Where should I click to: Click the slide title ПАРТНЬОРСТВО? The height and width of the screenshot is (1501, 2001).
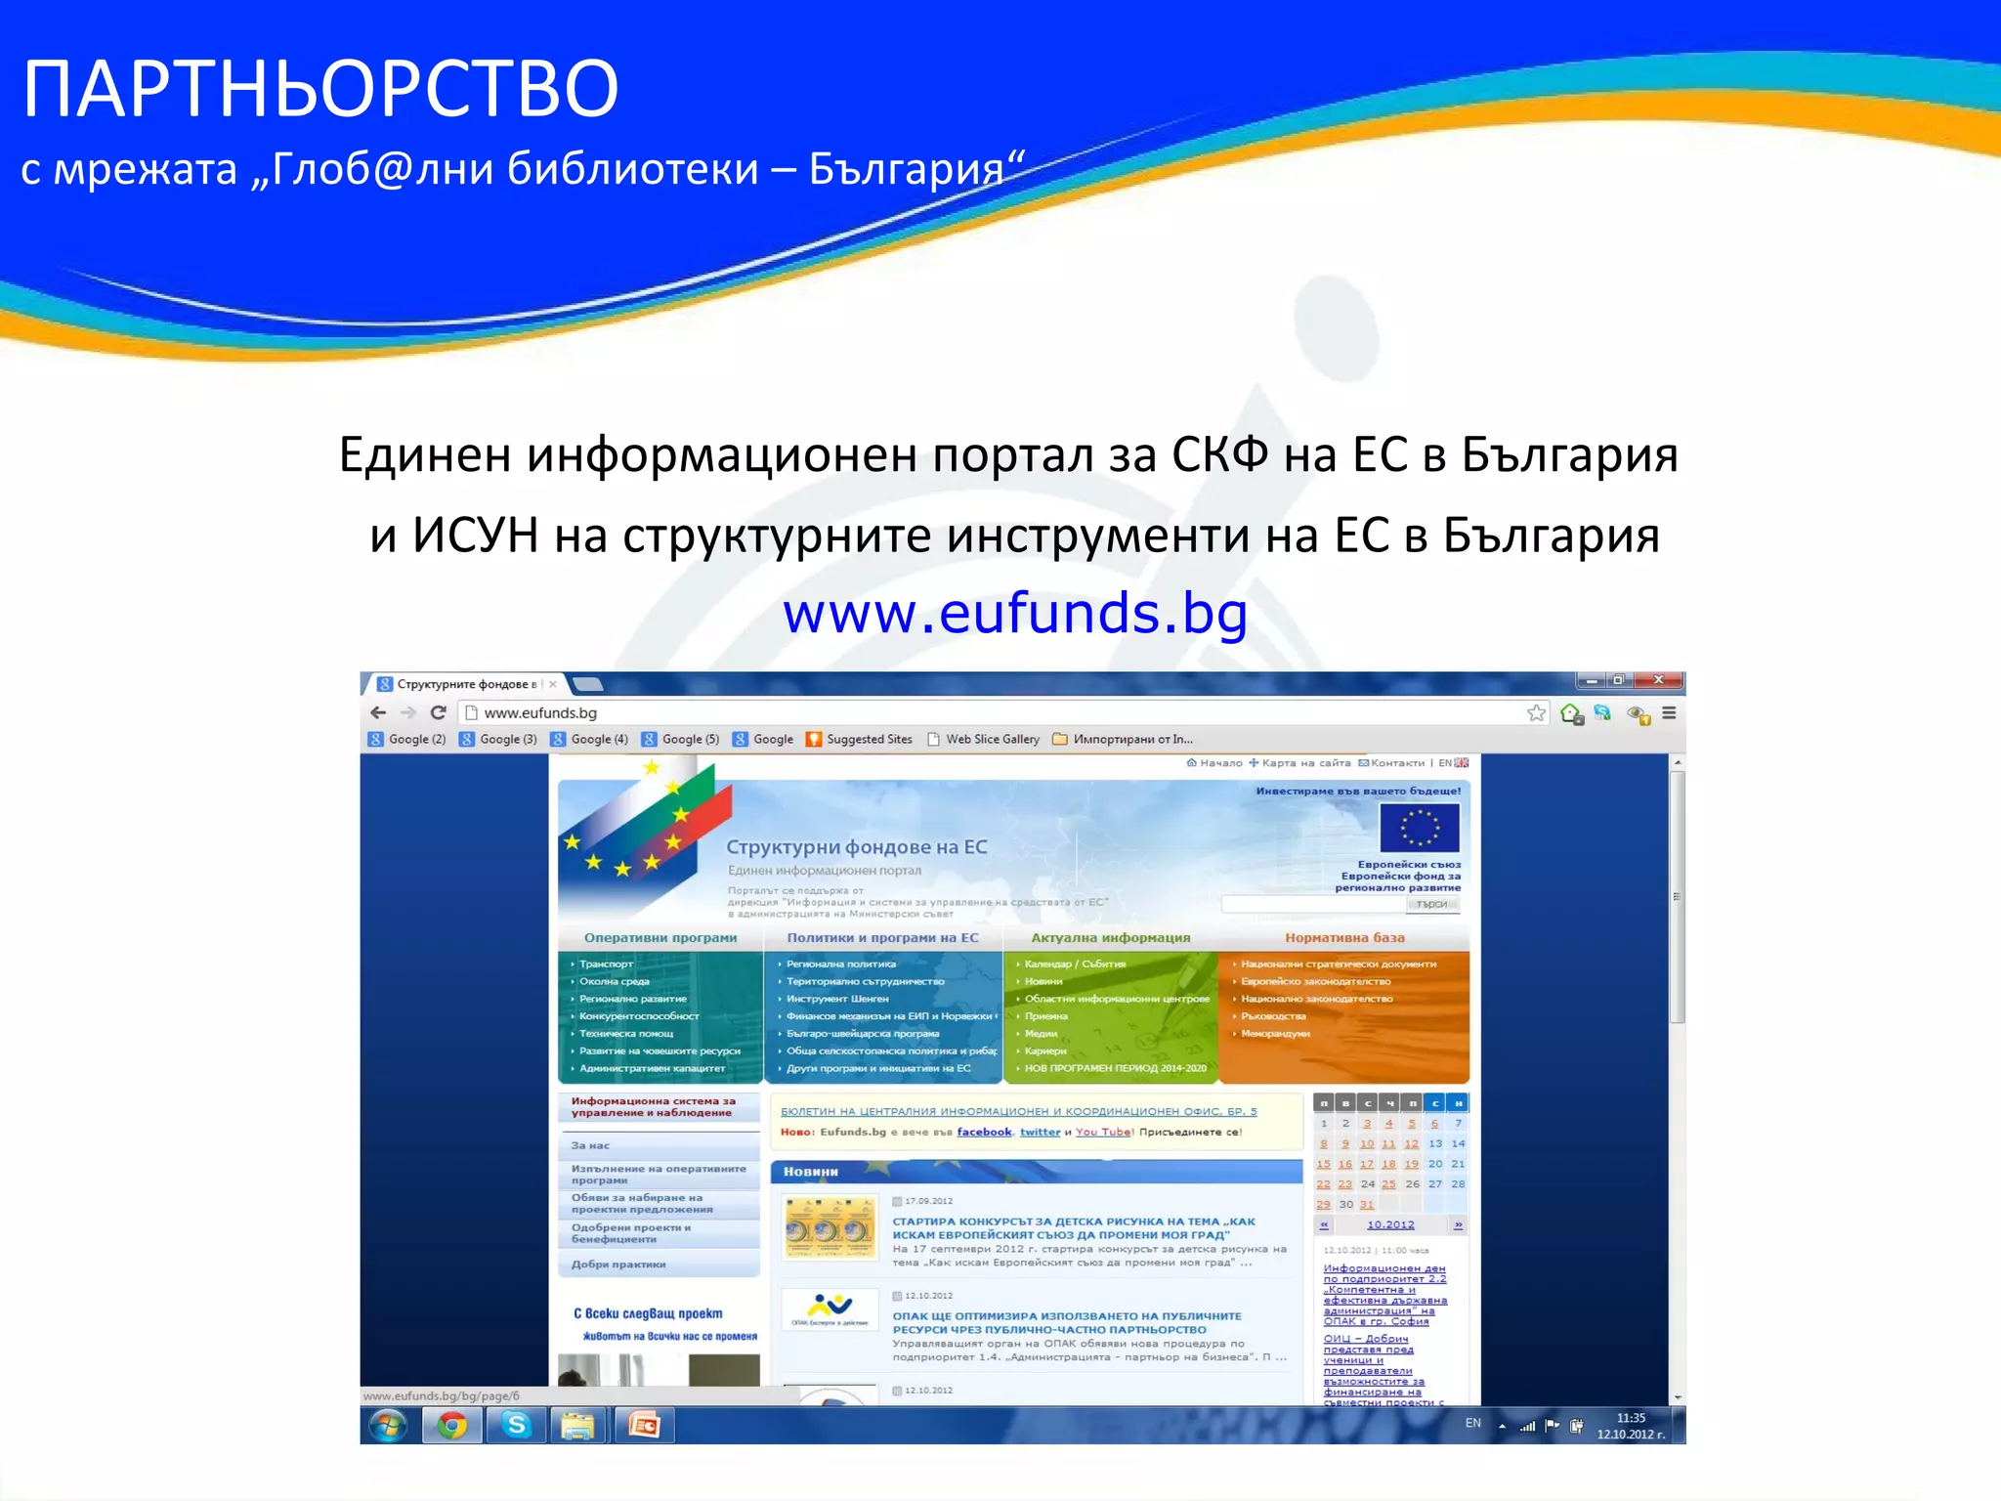(x=320, y=89)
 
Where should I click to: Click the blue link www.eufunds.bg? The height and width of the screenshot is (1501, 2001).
(x=1015, y=613)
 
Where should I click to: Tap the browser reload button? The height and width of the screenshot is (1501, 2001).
(x=439, y=712)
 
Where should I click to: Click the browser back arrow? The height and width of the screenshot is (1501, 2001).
(x=379, y=712)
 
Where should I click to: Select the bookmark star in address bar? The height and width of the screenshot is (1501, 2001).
(x=1536, y=712)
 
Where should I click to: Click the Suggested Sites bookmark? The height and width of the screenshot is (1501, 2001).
(x=859, y=739)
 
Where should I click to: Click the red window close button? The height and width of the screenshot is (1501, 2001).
(x=1658, y=680)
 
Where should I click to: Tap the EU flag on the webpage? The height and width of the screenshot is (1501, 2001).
(x=1419, y=827)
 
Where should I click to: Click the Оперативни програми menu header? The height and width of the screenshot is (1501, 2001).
(x=660, y=937)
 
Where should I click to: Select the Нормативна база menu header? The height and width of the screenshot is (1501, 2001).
(x=1344, y=937)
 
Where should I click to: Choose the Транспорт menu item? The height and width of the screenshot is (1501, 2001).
(x=606, y=964)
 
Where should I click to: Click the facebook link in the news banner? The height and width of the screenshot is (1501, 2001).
(x=984, y=1132)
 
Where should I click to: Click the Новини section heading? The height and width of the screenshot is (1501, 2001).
(x=811, y=1171)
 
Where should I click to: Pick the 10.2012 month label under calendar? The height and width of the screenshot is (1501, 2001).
(x=1390, y=1224)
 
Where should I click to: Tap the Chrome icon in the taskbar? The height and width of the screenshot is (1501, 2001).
(x=451, y=1426)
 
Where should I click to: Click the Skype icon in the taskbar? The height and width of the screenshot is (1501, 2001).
(x=516, y=1426)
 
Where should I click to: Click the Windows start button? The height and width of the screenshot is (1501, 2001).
(x=388, y=1426)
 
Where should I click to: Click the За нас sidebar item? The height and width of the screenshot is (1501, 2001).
(x=591, y=1145)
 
